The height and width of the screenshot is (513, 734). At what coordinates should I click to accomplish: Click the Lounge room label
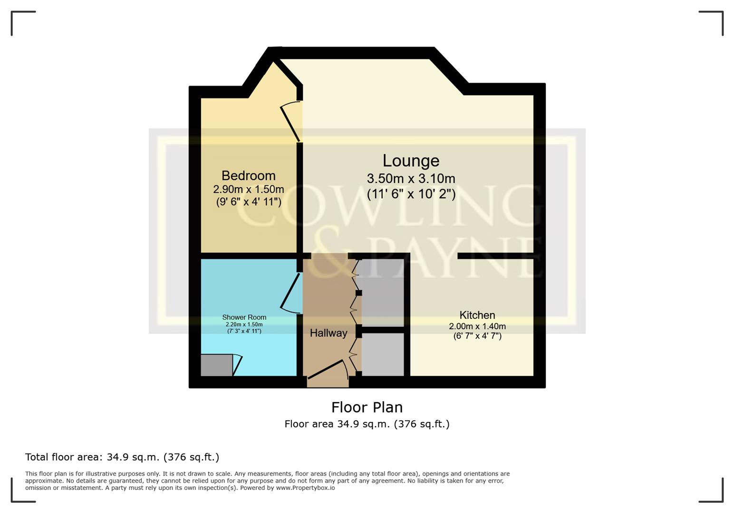click(411, 161)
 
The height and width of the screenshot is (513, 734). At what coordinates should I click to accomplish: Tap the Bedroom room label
click(248, 176)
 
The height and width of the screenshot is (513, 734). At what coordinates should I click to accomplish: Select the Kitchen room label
click(477, 315)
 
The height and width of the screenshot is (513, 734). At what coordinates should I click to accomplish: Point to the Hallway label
click(328, 333)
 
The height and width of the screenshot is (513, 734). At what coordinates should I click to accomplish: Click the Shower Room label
click(244, 317)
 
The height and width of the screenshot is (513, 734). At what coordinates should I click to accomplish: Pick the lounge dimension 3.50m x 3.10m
click(411, 179)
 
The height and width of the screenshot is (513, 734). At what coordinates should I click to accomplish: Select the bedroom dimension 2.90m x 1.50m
click(248, 189)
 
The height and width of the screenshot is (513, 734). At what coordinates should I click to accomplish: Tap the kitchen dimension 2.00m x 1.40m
click(477, 326)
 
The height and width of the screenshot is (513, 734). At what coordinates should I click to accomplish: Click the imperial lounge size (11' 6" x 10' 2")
click(411, 194)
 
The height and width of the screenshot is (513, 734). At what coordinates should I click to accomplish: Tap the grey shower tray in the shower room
click(216, 365)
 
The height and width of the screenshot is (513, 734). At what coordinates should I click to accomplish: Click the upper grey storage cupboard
click(382, 292)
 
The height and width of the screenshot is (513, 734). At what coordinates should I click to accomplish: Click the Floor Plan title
click(367, 407)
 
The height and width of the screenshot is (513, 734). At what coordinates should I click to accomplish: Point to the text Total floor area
click(64, 457)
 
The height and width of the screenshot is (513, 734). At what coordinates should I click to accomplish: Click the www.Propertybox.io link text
click(305, 488)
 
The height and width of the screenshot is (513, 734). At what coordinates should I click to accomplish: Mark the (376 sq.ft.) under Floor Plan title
click(421, 424)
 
